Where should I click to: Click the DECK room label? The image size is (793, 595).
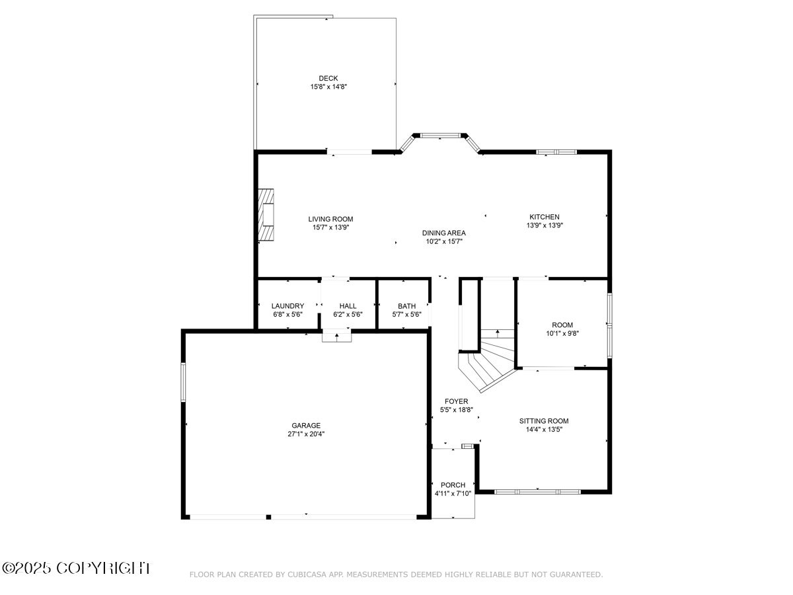tap(328, 78)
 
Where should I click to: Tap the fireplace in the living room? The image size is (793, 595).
tap(266, 216)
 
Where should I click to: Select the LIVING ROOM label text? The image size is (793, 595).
tap(330, 219)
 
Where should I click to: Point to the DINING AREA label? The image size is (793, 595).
tap(444, 233)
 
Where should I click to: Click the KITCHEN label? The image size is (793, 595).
tap(544, 217)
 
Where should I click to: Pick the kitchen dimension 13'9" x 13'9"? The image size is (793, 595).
tap(544, 225)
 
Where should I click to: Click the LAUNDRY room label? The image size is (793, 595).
tap(287, 306)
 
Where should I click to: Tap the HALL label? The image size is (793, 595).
tap(348, 306)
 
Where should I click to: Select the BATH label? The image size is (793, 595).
tap(406, 306)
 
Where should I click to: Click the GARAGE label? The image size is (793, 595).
tap(306, 426)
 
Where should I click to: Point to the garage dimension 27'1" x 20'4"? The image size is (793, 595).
tap(306, 434)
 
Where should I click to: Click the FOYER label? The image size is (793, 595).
tap(456, 401)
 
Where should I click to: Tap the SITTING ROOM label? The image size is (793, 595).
tap(543, 421)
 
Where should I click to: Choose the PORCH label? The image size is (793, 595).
tap(453, 485)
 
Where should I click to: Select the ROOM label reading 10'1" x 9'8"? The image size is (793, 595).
tap(562, 325)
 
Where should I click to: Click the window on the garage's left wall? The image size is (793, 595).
tap(184, 381)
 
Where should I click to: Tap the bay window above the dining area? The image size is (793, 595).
tap(440, 136)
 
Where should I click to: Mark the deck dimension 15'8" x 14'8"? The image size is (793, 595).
tap(328, 87)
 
